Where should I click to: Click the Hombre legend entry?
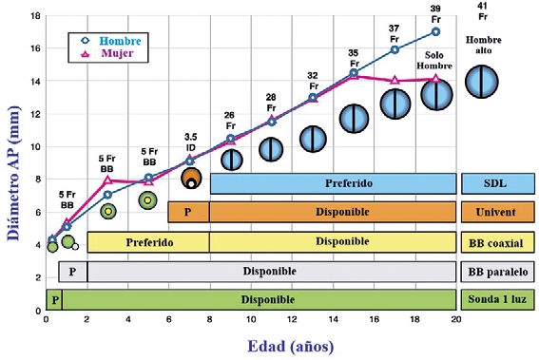click(110, 41)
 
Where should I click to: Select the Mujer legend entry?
click(108, 53)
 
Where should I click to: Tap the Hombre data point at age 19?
click(435, 32)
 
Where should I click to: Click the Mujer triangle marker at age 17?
click(395, 81)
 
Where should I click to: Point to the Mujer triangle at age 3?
click(107, 180)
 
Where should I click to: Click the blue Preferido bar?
click(333, 183)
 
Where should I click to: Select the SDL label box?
click(497, 183)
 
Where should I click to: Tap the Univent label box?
click(497, 212)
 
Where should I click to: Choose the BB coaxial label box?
click(497, 242)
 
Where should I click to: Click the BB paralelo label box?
click(497, 272)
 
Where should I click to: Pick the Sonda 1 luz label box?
click(497, 299)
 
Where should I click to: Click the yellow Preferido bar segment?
click(148, 242)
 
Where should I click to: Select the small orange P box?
click(188, 212)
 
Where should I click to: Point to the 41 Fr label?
click(483, 11)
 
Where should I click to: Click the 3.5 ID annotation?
click(190, 142)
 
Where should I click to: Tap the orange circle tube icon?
click(191, 178)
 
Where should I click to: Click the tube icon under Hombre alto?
click(482, 82)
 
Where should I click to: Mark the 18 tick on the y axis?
click(36, 16)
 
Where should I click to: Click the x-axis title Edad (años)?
click(291, 347)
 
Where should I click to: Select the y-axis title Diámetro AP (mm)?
click(14, 173)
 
